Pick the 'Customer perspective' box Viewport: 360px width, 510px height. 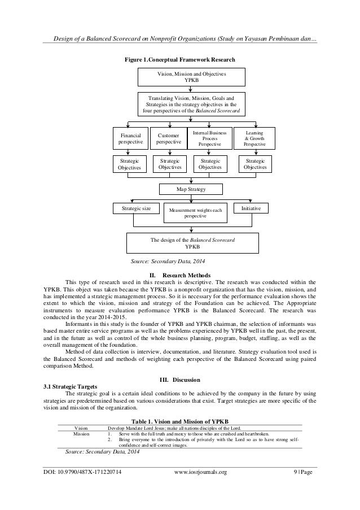(x=169, y=140)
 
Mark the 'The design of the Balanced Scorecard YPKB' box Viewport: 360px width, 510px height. (x=192, y=243)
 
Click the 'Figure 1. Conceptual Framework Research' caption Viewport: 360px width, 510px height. (x=180, y=59)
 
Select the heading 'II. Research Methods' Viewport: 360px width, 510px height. (x=180, y=275)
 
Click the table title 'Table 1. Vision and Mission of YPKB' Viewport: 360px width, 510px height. (x=180, y=421)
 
